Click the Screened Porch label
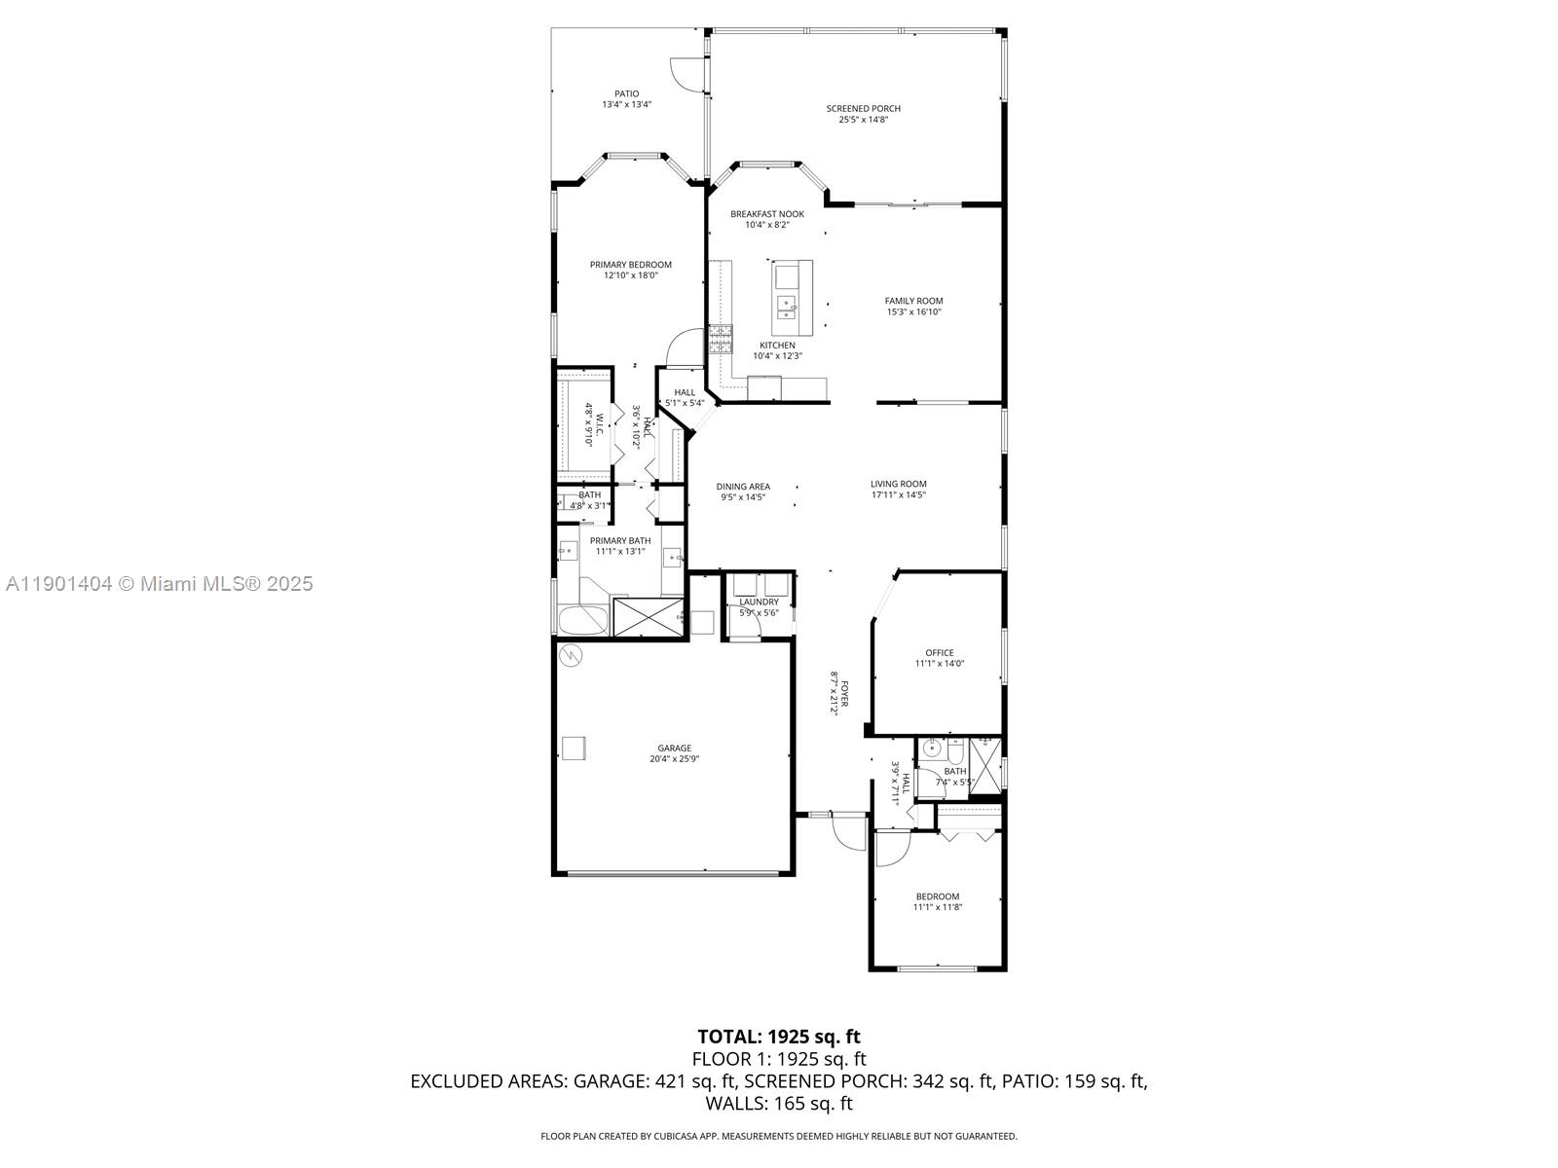863,109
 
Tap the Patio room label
626,94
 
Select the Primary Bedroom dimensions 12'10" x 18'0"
630,275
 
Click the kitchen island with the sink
793,297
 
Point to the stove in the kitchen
720,339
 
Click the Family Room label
913,301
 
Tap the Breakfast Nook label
767,214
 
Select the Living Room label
898,484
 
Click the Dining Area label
743,487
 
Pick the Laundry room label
759,602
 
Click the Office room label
940,653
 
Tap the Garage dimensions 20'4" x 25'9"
674,759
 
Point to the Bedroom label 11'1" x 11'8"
937,896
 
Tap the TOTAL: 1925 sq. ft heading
779,1037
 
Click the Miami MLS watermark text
159,584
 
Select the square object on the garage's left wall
574,748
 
